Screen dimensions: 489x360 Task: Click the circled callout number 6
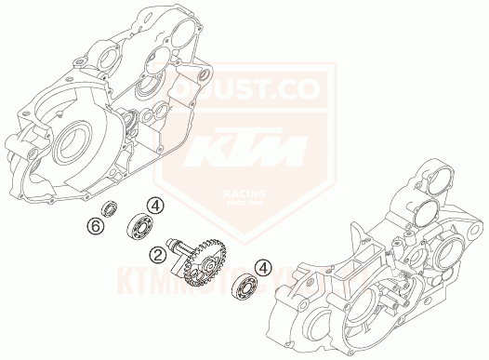94,226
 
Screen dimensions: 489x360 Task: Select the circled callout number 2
159,253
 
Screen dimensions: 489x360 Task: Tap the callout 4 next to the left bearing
158,207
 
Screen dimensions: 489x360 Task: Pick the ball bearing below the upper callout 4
140,226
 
